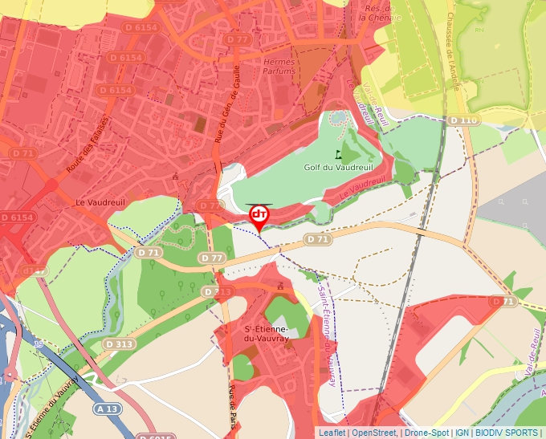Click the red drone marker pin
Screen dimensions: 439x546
pyautogui.click(x=259, y=216)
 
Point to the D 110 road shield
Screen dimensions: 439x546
pyautogui.click(x=462, y=120)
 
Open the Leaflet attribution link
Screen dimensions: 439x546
pyautogui.click(x=332, y=433)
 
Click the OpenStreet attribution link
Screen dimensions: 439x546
pyautogui.click(x=374, y=433)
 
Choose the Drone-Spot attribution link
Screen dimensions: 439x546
pyautogui.click(x=426, y=433)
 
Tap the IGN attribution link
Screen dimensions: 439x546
pyautogui.click(x=462, y=433)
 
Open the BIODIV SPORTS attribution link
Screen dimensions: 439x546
pyautogui.click(x=507, y=433)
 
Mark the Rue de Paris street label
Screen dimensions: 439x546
pyautogui.click(x=234, y=405)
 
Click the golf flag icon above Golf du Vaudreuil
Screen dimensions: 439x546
pyautogui.click(x=338, y=154)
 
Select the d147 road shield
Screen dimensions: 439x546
pyautogui.click(x=34, y=271)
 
